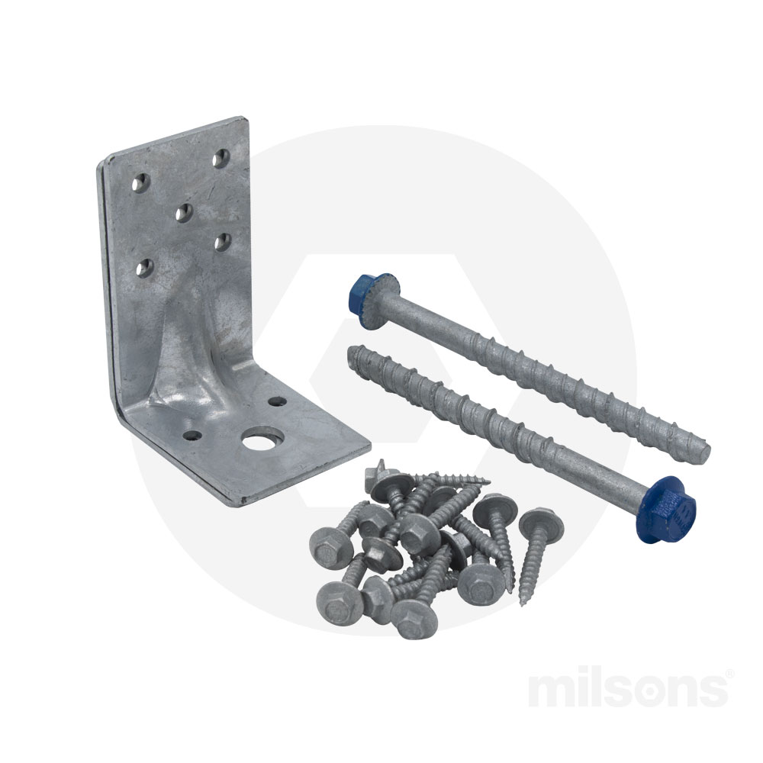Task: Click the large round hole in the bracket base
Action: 259,440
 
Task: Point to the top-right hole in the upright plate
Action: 221,159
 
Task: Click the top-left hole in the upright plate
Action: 140,182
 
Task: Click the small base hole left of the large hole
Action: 192,436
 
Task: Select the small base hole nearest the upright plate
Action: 278,402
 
